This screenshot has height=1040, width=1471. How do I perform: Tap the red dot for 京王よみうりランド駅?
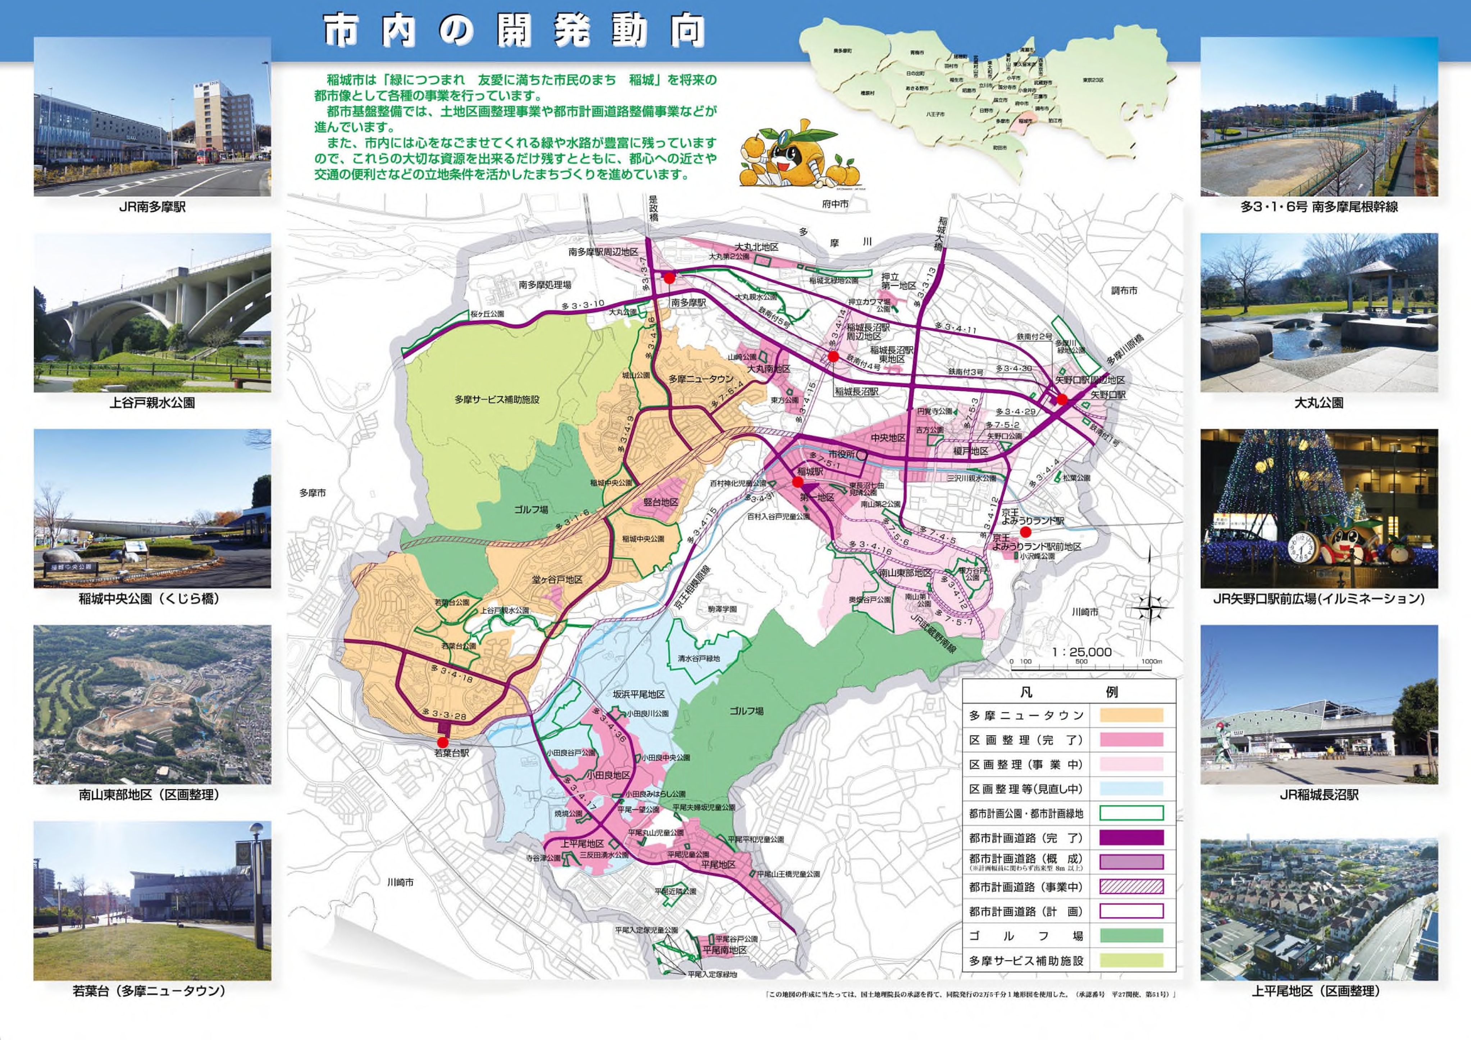coord(1026,532)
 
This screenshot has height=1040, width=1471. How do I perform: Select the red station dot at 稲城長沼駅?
coord(833,356)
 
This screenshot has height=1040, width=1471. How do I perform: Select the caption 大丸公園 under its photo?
coord(1319,403)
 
